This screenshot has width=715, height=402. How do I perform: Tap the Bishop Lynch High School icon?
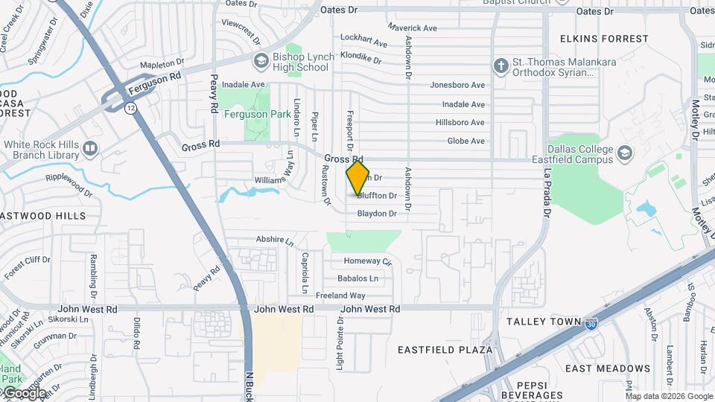click(x=261, y=60)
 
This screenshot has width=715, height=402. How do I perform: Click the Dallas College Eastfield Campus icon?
click(x=624, y=153)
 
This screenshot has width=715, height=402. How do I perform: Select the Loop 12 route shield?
click(x=131, y=108)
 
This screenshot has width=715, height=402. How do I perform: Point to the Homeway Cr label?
click(x=367, y=261)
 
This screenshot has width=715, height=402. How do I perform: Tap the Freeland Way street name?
click(x=340, y=296)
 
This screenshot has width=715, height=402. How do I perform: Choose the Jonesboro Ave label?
click(x=457, y=86)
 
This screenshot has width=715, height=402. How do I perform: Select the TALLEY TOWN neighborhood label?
click(x=544, y=322)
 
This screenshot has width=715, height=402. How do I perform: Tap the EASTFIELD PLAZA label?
click(x=445, y=349)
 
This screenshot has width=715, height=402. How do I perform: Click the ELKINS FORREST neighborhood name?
click(x=604, y=39)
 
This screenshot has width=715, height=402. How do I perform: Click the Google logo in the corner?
click(x=25, y=392)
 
